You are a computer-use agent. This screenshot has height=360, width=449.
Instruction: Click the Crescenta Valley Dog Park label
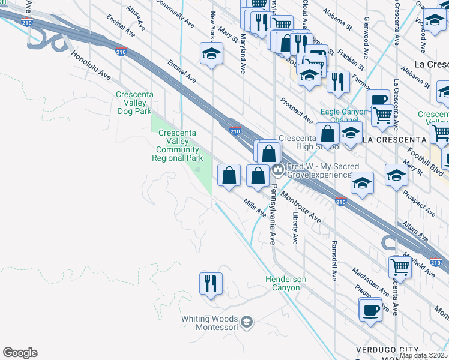(135, 103)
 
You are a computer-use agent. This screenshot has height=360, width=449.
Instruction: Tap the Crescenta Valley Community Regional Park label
(178, 145)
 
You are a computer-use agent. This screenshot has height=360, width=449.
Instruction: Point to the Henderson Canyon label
(286, 283)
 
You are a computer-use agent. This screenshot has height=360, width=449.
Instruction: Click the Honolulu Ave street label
(92, 65)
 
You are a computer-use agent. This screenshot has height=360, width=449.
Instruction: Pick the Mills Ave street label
(255, 208)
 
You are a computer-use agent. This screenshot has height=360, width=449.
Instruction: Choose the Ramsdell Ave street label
(334, 261)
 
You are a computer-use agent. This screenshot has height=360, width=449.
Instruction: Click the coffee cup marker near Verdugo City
(370, 311)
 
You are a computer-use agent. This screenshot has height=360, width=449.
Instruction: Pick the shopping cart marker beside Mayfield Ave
(400, 267)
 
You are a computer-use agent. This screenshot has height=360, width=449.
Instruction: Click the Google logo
(20, 353)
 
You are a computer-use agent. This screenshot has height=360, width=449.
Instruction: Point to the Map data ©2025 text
(424, 355)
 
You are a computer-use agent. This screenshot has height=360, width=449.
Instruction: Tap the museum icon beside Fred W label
(278, 170)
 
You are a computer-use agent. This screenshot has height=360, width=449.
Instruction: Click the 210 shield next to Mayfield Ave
(436, 262)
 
